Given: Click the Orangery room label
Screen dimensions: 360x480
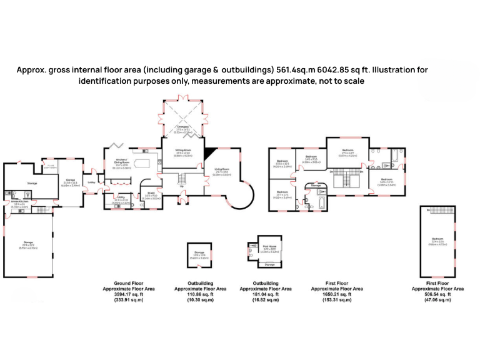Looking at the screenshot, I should (x=183, y=127).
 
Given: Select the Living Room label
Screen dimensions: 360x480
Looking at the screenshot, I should (x=222, y=169).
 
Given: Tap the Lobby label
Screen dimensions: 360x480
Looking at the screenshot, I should (x=91, y=182).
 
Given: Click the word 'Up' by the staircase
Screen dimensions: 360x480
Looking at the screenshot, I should (x=182, y=186).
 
